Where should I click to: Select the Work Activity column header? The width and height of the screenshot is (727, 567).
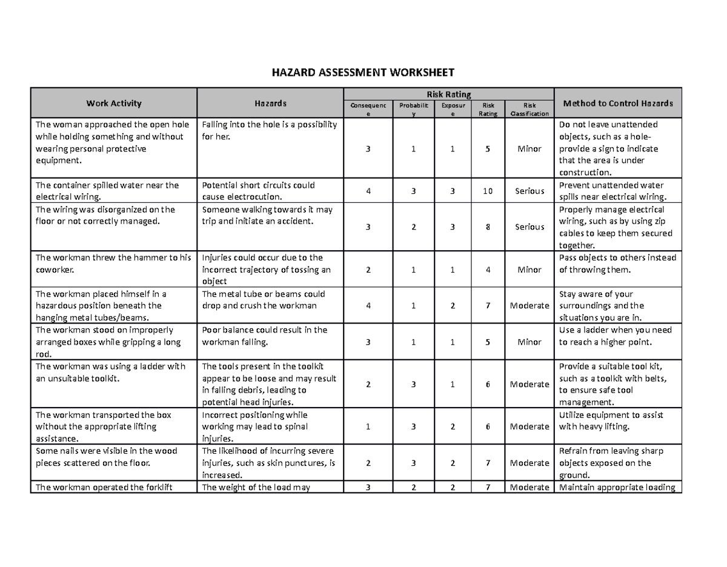pyautogui.click(x=114, y=103)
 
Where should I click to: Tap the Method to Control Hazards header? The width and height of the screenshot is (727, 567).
pyautogui.click(x=617, y=103)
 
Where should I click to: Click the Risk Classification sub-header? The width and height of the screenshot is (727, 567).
pyautogui.click(x=529, y=110)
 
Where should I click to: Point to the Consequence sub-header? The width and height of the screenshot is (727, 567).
pyautogui.click(x=368, y=110)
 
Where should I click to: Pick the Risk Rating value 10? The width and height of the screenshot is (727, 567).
pyautogui.click(x=488, y=191)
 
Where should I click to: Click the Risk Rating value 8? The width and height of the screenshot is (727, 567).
pyautogui.click(x=488, y=227)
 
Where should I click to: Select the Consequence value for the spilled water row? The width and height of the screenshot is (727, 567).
pyautogui.click(x=368, y=191)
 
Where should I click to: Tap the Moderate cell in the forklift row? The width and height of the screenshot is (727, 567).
pyautogui.click(x=529, y=488)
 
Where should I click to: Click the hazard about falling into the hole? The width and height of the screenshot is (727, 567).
pyautogui.click(x=270, y=130)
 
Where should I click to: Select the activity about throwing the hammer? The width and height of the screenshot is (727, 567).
pyautogui.click(x=113, y=264)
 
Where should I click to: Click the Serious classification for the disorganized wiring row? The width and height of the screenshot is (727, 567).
pyautogui.click(x=529, y=227)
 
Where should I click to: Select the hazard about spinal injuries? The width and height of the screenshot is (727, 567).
pyautogui.click(x=254, y=427)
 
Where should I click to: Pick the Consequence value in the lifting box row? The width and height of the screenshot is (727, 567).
pyautogui.click(x=368, y=427)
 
